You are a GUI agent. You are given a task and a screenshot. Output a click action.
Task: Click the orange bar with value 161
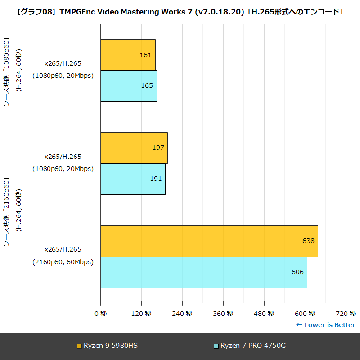pyautogui.click(x=128, y=55)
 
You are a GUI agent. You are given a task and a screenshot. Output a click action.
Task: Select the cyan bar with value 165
pyautogui.click(x=129, y=86)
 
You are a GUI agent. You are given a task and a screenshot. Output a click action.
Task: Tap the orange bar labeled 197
pyautogui.click(x=134, y=148)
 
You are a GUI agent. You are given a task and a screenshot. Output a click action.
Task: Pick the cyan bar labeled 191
pyautogui.click(x=133, y=179)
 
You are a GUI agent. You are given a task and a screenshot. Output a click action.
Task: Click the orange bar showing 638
pyautogui.click(x=209, y=241)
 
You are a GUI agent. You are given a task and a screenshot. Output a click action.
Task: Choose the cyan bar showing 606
pyautogui.click(x=204, y=272)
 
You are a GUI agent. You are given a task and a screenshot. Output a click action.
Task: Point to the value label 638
pyautogui.click(x=308, y=241)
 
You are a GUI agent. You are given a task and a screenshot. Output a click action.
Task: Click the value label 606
pyautogui.click(x=297, y=272)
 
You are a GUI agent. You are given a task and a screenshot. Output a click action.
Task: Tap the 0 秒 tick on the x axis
pyautogui.click(x=100, y=314)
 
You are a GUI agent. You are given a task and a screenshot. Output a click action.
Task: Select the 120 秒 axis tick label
pyautogui.click(x=141, y=314)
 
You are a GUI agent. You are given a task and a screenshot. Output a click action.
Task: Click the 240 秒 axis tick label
pyautogui.click(x=182, y=314)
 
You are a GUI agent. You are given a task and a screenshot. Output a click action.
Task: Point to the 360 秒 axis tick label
pyautogui.click(x=223, y=314)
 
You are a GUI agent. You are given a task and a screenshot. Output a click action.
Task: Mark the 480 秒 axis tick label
pyautogui.click(x=264, y=314)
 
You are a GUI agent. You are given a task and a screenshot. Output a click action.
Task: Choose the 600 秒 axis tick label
pyautogui.click(x=305, y=314)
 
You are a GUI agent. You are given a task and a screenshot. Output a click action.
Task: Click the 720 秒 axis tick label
pyautogui.click(x=346, y=314)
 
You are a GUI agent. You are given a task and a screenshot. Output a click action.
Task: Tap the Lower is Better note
pyautogui.click(x=325, y=325)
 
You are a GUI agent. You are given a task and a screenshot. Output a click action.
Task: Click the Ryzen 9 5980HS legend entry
pyautogui.click(x=108, y=346)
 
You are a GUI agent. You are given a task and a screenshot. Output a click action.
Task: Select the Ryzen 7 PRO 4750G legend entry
pyautogui.click(x=250, y=346)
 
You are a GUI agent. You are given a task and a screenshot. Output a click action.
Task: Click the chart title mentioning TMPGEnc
pyautogui.click(x=180, y=12)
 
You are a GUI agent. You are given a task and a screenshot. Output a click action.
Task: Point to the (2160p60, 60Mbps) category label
pyautogui.click(x=63, y=262)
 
